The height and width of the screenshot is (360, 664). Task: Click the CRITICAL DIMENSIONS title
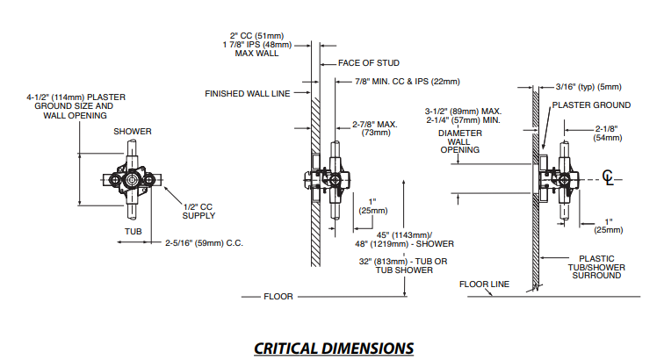333,348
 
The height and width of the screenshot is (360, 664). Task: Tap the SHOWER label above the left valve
132,132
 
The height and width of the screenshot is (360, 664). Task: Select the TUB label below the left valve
131,232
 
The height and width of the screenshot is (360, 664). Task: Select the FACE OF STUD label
370,63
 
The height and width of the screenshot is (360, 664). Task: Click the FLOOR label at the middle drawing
278,297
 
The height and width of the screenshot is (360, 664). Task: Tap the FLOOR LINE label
484,284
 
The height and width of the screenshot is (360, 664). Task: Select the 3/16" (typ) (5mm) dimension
588,86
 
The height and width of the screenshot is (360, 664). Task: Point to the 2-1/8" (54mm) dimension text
608,133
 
